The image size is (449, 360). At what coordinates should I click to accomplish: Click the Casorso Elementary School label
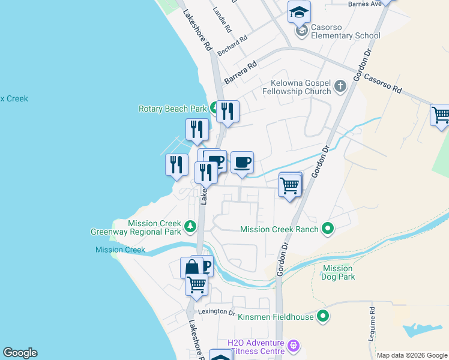(346, 35)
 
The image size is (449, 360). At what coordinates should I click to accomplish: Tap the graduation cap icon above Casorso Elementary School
(299, 12)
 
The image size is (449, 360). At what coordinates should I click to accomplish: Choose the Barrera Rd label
(240, 71)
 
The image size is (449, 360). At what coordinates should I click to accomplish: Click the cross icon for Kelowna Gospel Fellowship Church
(340, 86)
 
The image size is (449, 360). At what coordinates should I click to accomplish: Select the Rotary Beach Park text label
(172, 109)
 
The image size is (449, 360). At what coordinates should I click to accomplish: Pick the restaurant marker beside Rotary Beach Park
(228, 111)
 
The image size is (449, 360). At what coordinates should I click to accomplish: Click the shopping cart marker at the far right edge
(441, 114)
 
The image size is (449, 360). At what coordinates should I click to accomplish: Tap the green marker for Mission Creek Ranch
(328, 228)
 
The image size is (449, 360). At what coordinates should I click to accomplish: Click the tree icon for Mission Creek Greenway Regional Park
(190, 226)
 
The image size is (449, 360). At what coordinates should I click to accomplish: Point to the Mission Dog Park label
(338, 272)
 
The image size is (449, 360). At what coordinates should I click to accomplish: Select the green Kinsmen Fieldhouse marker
(323, 316)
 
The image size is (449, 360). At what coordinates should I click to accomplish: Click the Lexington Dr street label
(217, 311)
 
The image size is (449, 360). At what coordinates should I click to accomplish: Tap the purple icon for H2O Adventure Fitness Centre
(293, 346)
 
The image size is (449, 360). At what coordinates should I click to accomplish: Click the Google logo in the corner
(20, 353)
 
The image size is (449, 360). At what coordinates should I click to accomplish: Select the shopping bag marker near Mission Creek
(191, 267)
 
